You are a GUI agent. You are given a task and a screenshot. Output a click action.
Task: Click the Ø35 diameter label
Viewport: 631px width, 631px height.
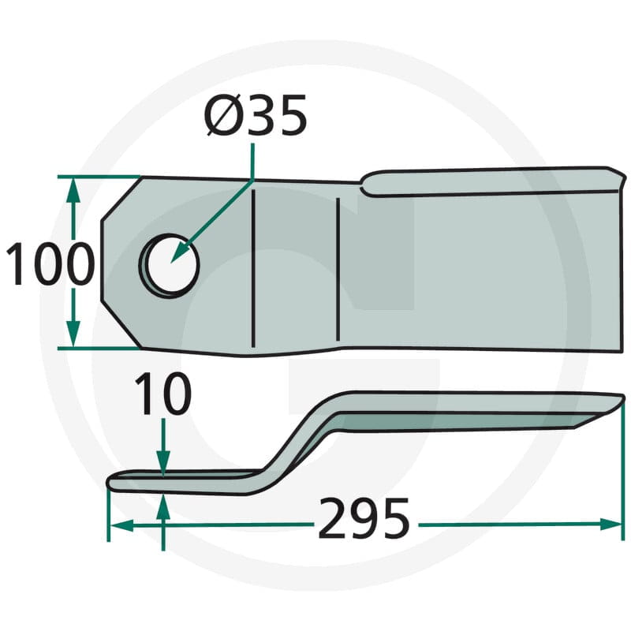[256, 114]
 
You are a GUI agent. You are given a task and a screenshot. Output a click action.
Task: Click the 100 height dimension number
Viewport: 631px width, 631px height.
[50, 263]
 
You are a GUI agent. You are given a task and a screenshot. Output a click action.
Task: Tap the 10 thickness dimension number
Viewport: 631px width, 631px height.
[162, 394]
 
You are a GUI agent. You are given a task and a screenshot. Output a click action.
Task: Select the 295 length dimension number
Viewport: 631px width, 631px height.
[364, 518]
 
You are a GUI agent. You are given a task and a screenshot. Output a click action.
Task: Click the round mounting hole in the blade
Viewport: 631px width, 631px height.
[170, 266]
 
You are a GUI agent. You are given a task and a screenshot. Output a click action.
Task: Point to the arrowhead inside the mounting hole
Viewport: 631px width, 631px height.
[179, 252]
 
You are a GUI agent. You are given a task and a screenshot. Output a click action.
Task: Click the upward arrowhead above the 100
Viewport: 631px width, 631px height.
[73, 191]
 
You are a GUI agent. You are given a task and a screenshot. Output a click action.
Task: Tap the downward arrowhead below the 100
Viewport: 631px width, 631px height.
[73, 333]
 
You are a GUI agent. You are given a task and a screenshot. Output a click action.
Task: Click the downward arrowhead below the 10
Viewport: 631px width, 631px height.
[163, 463]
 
